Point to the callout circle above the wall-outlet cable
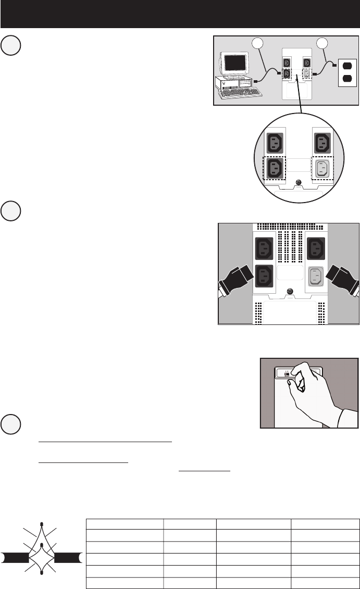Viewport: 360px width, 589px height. (319, 43)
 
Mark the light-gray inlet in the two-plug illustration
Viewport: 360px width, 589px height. (314, 275)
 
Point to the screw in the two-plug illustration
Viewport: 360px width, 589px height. (289, 292)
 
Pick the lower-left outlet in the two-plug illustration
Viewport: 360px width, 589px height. (264, 275)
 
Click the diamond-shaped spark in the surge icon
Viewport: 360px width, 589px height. (42, 558)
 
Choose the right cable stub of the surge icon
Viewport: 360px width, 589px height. (69, 558)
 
